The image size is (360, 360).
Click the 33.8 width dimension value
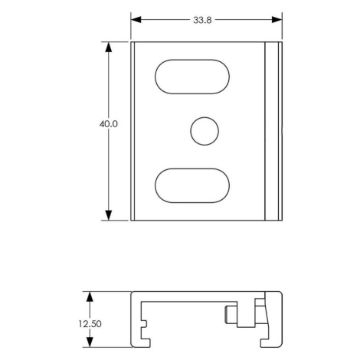pos(202,20)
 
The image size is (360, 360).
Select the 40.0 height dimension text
pos(109,124)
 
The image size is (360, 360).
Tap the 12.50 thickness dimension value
pos(90,324)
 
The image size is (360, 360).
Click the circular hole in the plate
pos(205,131)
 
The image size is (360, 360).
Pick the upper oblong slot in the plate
pos(192,77)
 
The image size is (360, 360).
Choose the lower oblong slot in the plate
pos(192,185)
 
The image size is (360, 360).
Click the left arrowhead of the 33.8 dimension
pos(136,20)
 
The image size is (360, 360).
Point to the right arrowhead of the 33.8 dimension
pos(277,20)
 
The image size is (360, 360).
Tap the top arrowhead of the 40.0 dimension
pos(109,47)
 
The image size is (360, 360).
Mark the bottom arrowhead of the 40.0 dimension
pos(109,215)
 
